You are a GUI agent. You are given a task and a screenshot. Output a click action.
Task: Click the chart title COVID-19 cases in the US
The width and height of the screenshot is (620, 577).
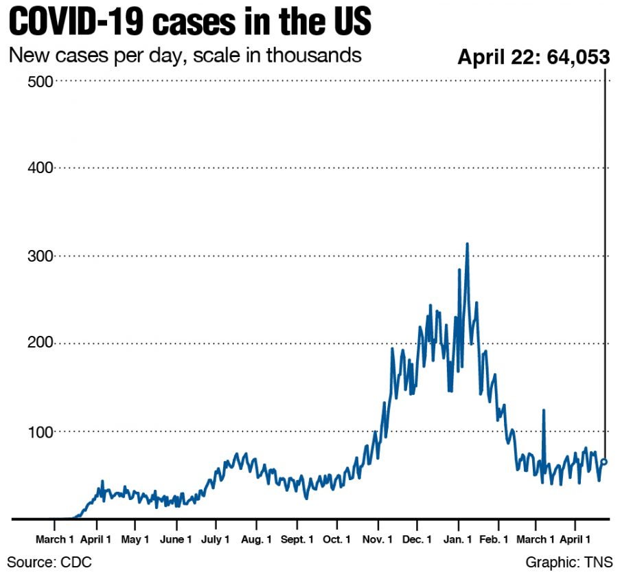click(x=190, y=22)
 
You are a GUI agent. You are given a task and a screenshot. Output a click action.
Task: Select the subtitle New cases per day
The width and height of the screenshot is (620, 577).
click(x=185, y=55)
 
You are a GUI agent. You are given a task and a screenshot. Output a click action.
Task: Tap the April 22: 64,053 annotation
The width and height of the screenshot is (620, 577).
click(x=533, y=57)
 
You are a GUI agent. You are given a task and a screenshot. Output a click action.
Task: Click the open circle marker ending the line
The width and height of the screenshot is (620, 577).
click(x=604, y=462)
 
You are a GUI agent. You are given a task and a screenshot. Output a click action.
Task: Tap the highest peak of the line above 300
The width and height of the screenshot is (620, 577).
click(x=467, y=244)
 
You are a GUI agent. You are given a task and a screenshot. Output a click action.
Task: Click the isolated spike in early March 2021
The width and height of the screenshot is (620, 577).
click(x=543, y=410)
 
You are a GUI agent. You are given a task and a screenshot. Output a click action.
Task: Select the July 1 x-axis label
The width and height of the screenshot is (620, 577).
click(x=215, y=540)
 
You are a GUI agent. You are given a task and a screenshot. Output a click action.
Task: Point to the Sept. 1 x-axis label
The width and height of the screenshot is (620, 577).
click(x=297, y=540)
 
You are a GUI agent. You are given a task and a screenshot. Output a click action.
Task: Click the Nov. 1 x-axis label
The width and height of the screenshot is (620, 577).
click(x=378, y=540)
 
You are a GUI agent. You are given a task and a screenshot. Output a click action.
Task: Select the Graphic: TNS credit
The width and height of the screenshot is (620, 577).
click(x=569, y=563)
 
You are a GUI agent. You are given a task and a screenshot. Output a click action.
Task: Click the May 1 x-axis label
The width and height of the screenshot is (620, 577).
click(x=135, y=540)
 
